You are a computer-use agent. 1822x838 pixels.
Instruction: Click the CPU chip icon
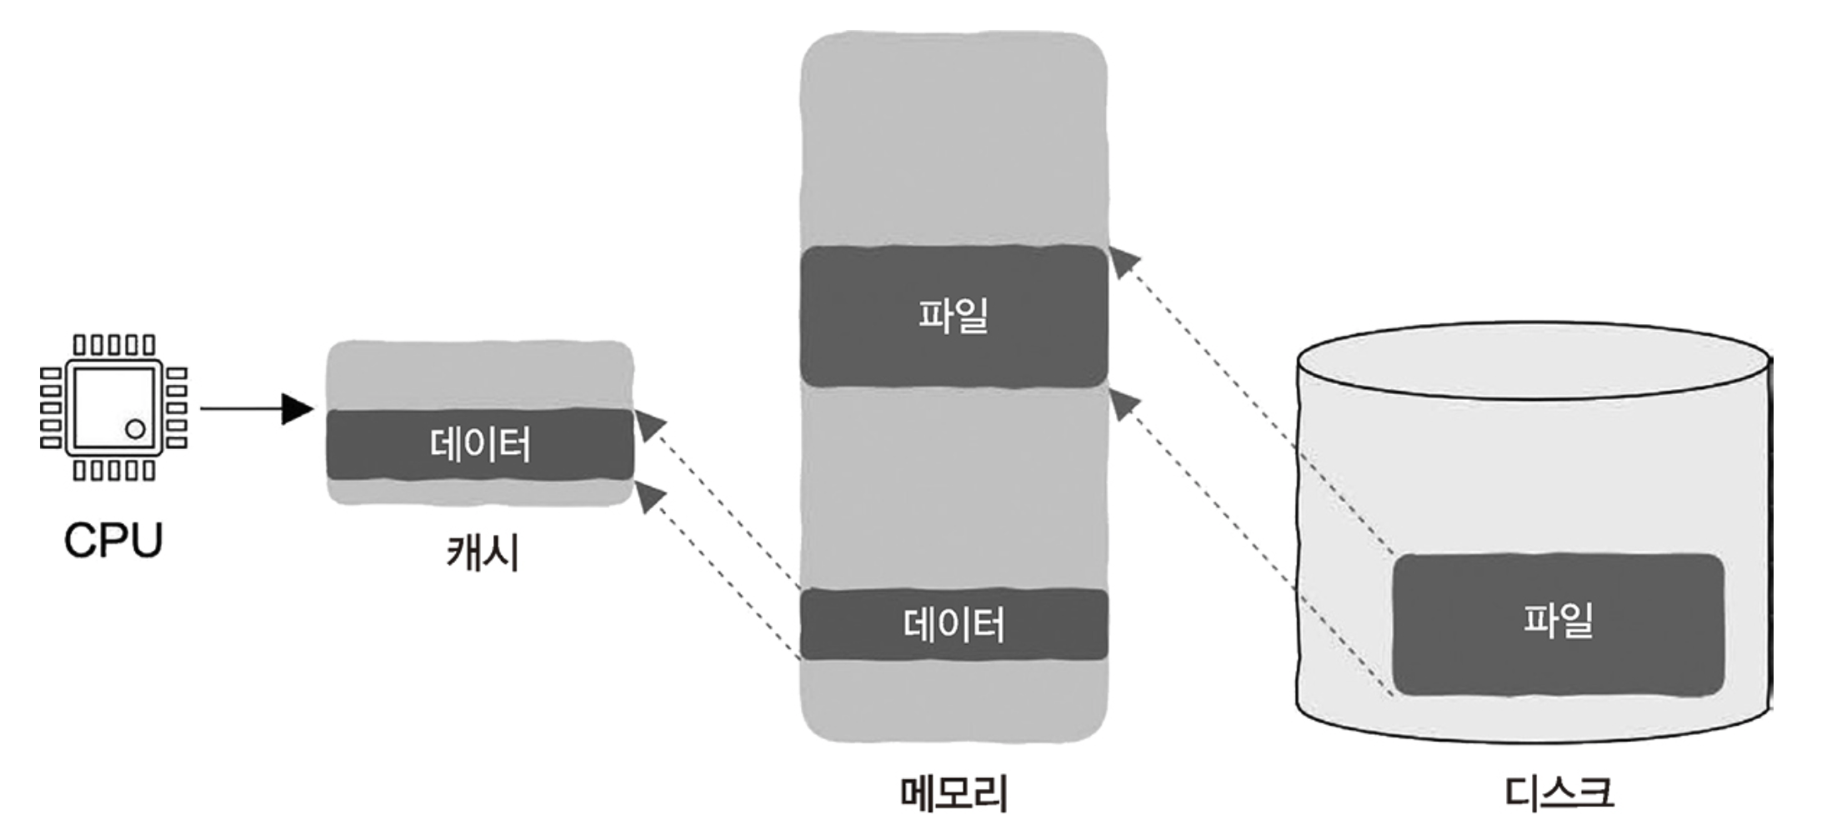(114, 407)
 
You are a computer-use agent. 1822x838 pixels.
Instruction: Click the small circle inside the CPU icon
(135, 429)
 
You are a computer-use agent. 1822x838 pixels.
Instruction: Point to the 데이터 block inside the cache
(480, 444)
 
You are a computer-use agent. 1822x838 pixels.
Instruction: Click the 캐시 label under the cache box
(483, 551)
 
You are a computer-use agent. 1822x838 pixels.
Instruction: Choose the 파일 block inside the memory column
(954, 316)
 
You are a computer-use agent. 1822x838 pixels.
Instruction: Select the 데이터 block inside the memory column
(954, 624)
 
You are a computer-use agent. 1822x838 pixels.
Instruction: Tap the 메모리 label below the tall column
(954, 792)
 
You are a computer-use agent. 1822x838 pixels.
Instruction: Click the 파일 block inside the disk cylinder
(1558, 622)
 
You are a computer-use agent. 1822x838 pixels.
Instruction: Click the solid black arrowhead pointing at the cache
(298, 409)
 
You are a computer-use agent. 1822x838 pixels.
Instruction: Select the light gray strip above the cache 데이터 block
(480, 375)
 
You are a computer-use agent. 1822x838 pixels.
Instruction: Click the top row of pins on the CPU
(114, 345)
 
